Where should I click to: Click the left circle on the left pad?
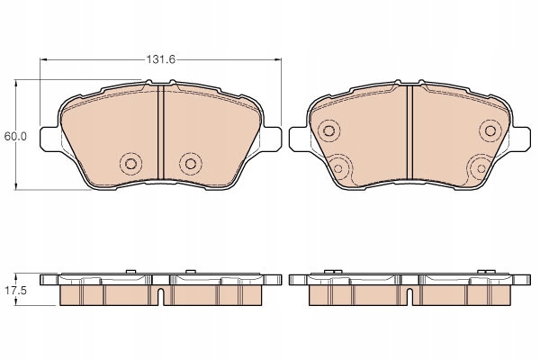[130, 163]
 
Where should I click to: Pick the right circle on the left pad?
[189, 163]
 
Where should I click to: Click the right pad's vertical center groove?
[410, 135]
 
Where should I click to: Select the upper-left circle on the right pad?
[328, 131]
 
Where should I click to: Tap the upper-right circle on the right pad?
[491, 131]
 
